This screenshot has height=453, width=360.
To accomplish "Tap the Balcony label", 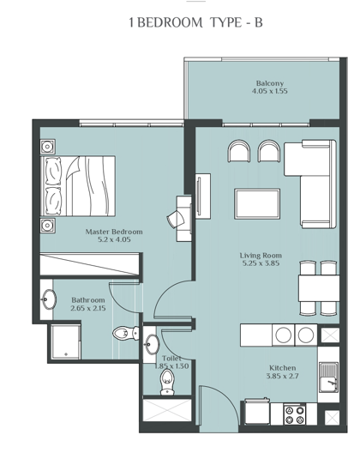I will (x=268, y=83).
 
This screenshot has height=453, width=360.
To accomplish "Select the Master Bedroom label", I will (x=113, y=232).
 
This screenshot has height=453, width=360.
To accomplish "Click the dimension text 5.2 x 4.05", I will (x=113, y=241).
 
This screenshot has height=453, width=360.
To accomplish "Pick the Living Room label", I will (x=260, y=255).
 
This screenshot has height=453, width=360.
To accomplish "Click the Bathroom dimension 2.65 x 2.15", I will (x=88, y=308).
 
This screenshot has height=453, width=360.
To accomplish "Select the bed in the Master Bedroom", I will (x=76, y=185).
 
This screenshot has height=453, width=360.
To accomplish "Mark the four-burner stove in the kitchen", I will (x=296, y=415).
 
